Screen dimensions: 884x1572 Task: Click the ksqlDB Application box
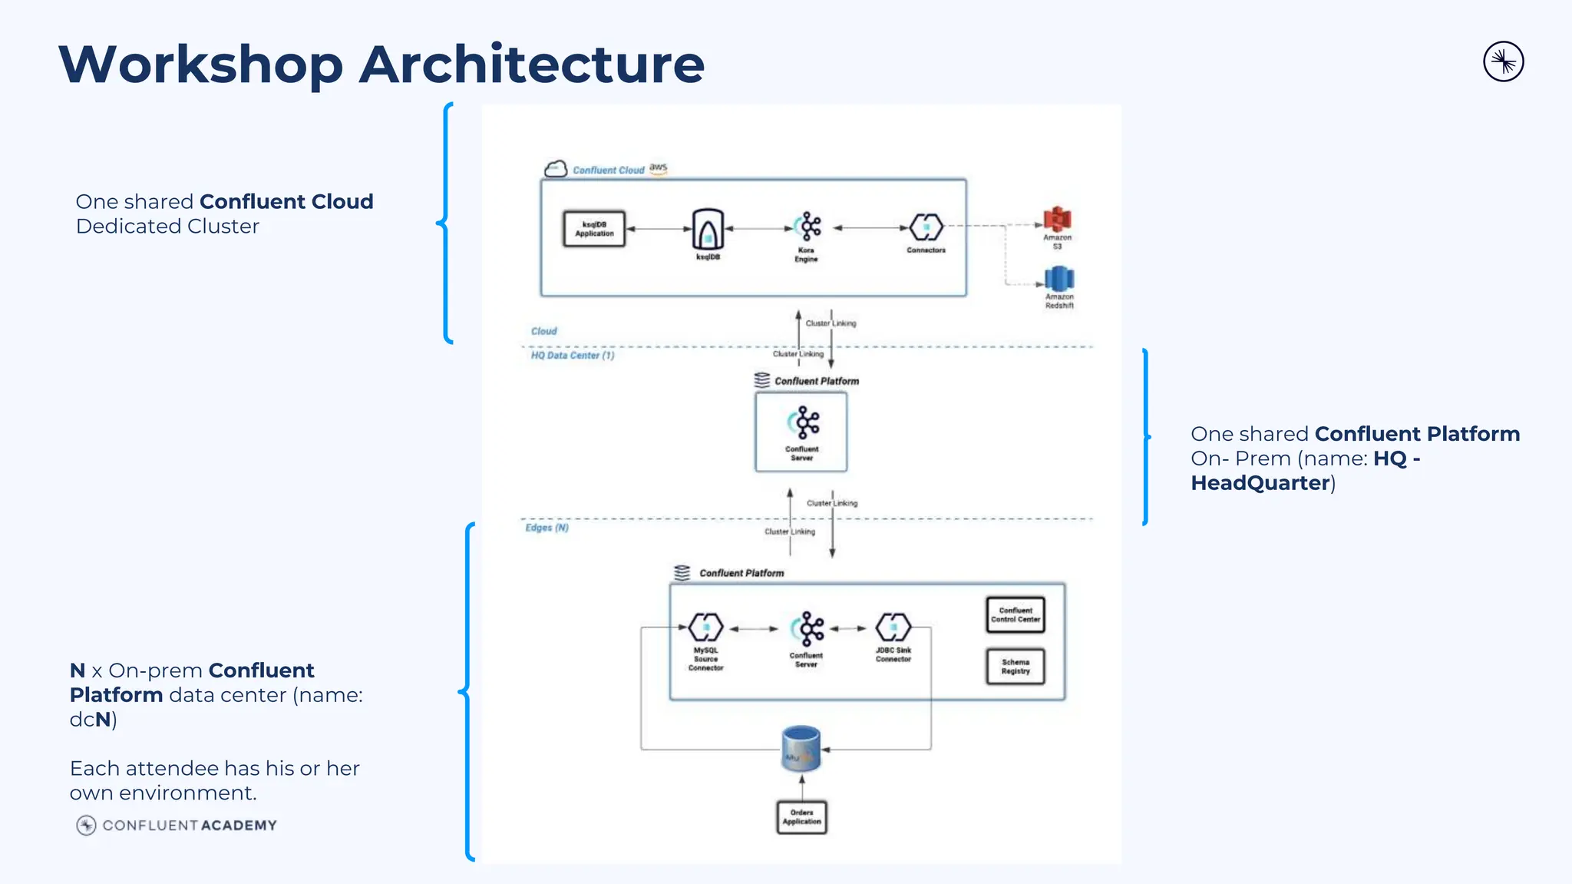594,229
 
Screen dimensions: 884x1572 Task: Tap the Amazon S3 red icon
1057,220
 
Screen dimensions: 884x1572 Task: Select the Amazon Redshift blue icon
1058,279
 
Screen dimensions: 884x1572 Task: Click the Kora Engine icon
807,227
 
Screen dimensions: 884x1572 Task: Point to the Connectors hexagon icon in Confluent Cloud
926,227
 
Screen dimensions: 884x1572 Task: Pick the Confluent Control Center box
1015,615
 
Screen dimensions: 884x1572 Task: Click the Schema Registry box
1015,667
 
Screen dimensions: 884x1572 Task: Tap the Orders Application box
801,817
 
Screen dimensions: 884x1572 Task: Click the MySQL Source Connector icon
705,627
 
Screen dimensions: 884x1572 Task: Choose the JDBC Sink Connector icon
893,627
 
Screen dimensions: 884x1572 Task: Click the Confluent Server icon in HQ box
803,422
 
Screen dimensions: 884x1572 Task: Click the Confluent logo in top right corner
1503,62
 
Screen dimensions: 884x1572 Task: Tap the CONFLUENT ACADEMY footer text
190,826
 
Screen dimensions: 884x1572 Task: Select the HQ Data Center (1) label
573,356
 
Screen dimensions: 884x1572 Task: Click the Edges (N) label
547,528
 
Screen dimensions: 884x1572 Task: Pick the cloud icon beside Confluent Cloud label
555,169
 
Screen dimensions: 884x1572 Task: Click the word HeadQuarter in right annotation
1260,483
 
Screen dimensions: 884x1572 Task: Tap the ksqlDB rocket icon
708,229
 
